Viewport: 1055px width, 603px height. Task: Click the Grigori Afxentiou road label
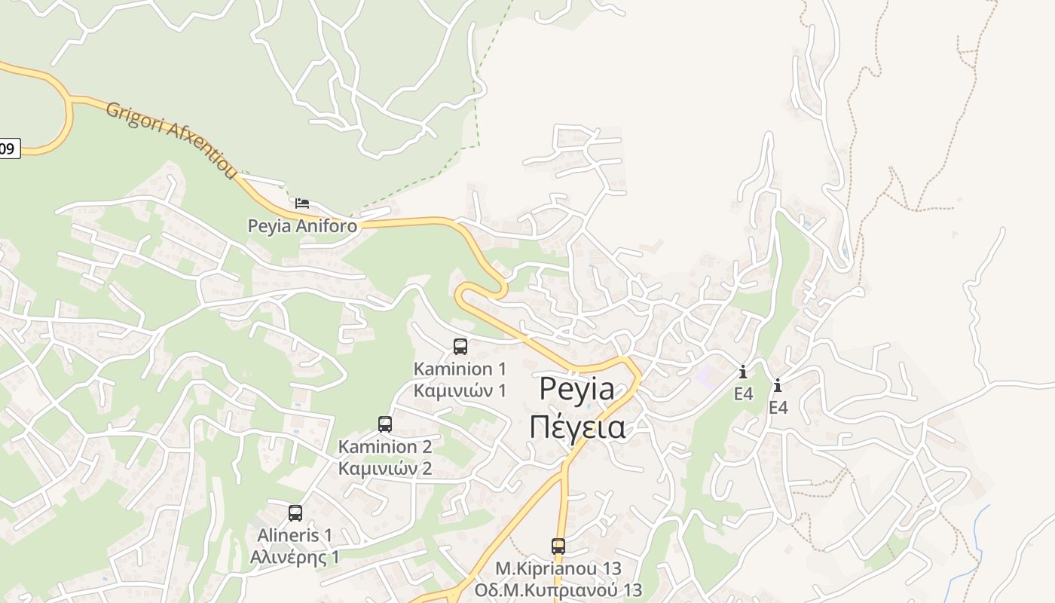pos(172,140)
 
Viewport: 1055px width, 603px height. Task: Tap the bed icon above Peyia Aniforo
pos(302,204)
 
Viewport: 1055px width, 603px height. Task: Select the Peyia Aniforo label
pos(303,225)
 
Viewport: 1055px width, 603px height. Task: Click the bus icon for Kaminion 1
pos(460,347)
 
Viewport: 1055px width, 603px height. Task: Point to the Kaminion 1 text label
pos(460,369)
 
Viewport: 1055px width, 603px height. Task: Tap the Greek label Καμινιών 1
pos(460,390)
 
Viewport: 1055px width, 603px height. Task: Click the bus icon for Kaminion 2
pos(385,424)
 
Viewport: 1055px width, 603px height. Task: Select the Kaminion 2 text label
pos(385,446)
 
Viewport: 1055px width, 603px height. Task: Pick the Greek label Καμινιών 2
pos(385,468)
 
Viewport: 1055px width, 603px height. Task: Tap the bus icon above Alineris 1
pos(295,513)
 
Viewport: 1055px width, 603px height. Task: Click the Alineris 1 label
pos(295,535)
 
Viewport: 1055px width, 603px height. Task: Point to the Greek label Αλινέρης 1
pos(295,557)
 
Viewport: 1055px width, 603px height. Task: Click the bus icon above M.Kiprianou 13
pos(558,546)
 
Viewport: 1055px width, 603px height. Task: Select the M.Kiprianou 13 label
pos(558,568)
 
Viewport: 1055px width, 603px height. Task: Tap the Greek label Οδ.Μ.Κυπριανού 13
pos(558,589)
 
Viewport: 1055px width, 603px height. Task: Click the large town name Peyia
pos(576,390)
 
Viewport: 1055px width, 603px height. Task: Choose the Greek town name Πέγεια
pos(576,427)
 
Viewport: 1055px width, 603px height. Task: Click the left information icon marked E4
pos(743,372)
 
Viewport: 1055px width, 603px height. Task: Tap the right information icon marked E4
pos(778,386)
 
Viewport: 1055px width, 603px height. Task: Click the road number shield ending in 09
pos(8,148)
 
